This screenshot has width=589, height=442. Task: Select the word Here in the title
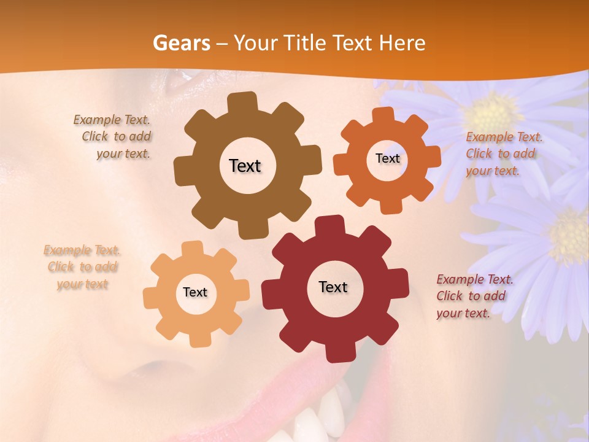point(402,44)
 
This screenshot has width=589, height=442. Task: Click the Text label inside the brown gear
point(245,166)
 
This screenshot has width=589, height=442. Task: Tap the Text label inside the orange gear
point(387,158)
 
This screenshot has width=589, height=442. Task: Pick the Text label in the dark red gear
point(333,287)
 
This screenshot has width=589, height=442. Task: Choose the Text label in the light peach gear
point(195,292)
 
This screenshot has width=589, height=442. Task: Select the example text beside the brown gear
point(113,137)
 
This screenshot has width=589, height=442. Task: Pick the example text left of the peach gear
point(82,267)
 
